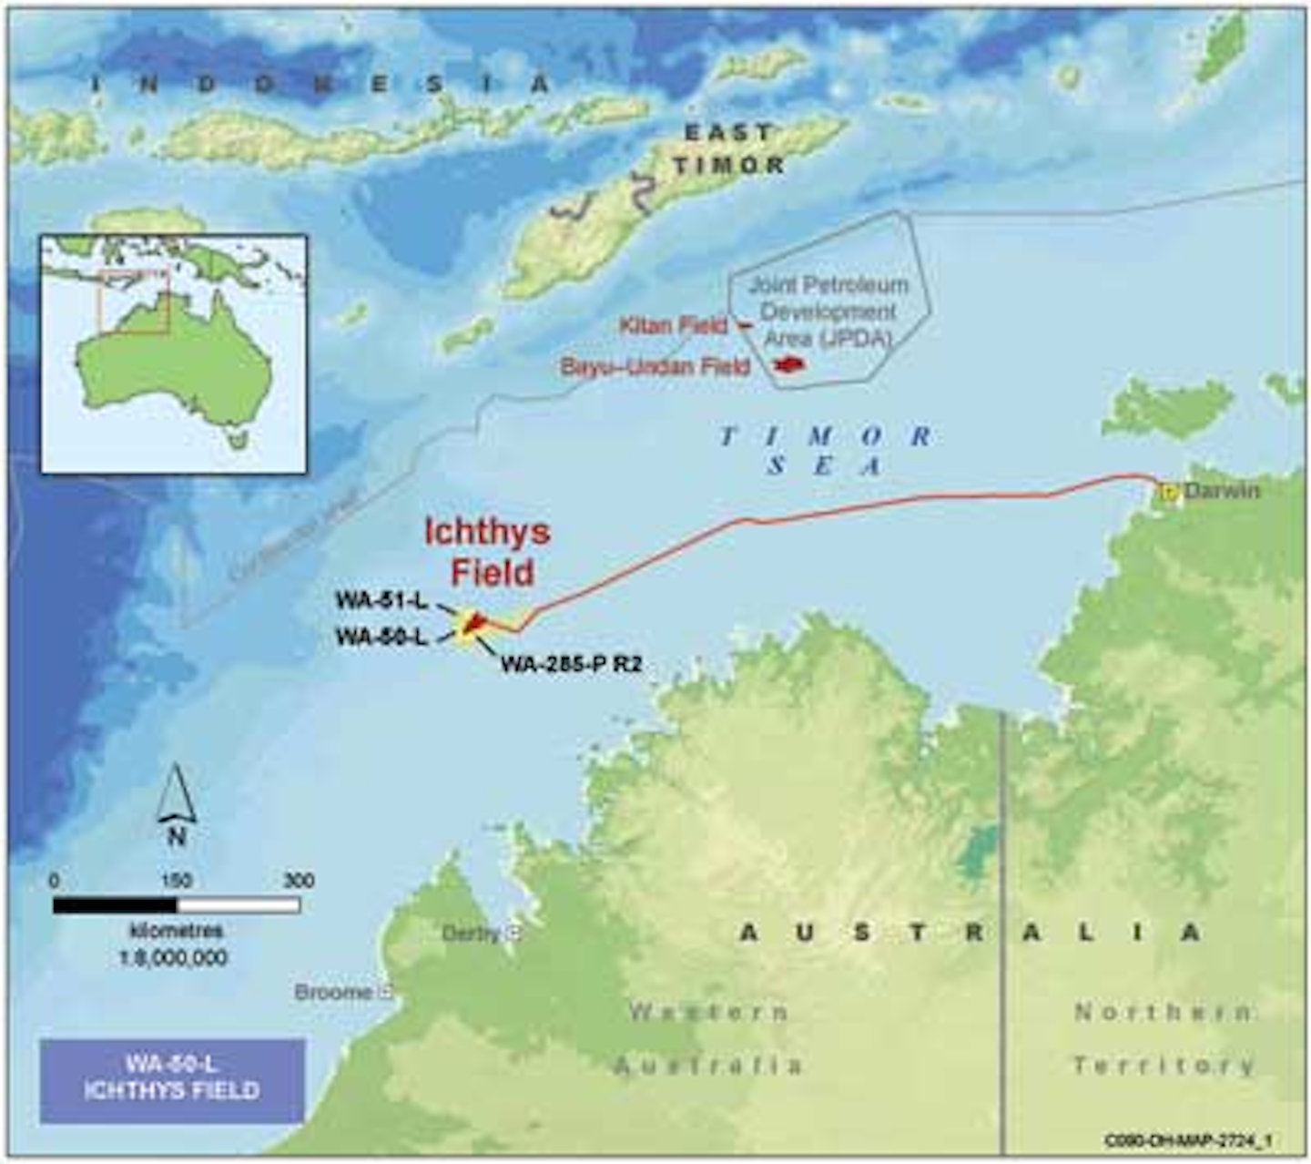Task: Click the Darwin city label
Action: point(1222,492)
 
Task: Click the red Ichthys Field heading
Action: point(486,552)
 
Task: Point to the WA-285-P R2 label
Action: point(571,665)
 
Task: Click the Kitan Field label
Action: point(673,325)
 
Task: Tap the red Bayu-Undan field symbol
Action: point(788,364)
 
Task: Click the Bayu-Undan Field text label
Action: point(655,366)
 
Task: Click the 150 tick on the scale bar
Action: point(177,882)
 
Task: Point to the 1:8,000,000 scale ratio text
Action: point(174,957)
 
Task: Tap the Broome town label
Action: point(333,992)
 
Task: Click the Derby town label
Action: point(472,934)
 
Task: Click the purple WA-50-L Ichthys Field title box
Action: point(172,1079)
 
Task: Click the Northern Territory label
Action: point(1164,1038)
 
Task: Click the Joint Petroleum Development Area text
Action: point(828,311)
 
